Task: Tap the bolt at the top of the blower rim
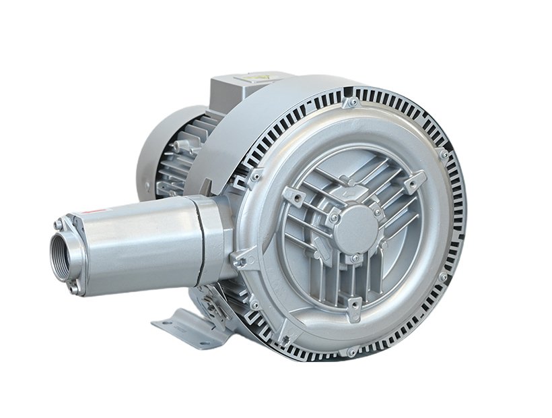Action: (351, 103)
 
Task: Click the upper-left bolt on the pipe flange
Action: (59, 223)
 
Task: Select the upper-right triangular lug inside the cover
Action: (415, 180)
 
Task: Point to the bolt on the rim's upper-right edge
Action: (444, 155)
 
